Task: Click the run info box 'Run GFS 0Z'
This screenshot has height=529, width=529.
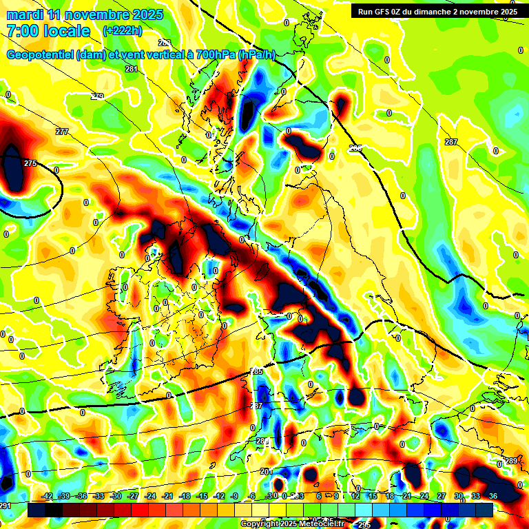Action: coord(435,12)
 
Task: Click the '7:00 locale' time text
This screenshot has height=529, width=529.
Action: coord(48,30)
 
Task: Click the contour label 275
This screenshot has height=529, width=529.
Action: coord(30,163)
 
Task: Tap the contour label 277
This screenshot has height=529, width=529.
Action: coord(62,132)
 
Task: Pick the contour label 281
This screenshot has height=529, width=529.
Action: coord(132,69)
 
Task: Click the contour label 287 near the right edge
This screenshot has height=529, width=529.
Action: coord(450,142)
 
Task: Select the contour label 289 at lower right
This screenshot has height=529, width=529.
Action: coord(510,461)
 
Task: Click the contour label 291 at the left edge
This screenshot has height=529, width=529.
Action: coord(6,506)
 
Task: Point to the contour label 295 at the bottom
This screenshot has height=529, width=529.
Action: coord(364,525)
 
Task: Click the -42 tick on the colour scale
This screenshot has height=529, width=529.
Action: coord(47,496)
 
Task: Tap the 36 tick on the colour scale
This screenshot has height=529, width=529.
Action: coord(492,496)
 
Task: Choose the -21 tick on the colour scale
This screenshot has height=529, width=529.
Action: coord(167,496)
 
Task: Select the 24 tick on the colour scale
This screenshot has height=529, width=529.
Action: coord(424,496)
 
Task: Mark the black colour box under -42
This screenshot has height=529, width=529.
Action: coord(37,510)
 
